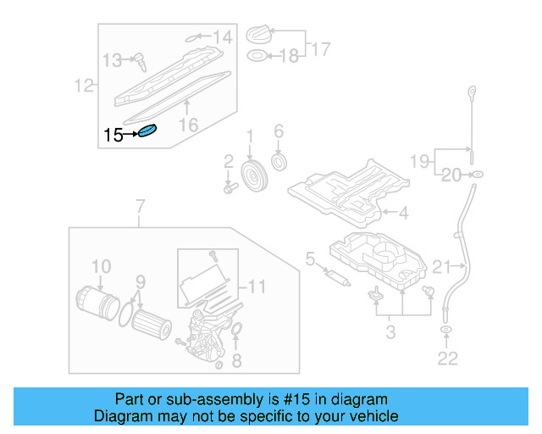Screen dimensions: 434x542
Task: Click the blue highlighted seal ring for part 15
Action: click(148, 132)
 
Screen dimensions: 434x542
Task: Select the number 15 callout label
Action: click(113, 135)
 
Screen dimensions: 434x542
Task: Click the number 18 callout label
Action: click(290, 56)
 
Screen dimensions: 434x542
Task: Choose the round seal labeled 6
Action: click(278, 161)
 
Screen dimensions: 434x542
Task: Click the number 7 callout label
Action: click(141, 206)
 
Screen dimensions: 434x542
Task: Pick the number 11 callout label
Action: click(257, 287)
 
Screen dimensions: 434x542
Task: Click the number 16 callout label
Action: click(188, 124)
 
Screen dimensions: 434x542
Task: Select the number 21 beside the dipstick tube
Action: click(442, 268)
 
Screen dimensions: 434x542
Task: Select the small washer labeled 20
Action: click(478, 175)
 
